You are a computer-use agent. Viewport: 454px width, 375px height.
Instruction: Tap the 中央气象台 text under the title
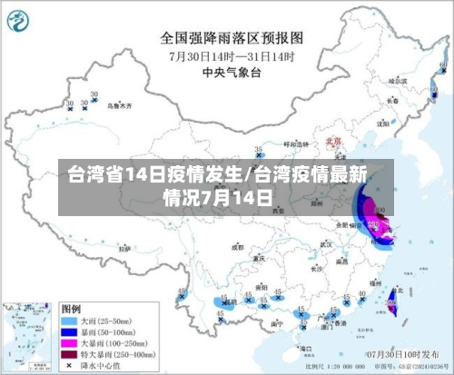coord(232,71)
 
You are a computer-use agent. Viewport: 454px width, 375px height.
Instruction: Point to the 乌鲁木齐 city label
coord(117,105)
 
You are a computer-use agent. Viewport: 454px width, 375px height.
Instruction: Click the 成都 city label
coord(238,245)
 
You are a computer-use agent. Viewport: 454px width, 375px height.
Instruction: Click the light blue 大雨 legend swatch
coord(68,321)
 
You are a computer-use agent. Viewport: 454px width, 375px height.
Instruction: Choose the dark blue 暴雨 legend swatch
coord(68,333)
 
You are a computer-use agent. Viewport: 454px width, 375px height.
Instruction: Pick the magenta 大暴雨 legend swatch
coord(68,345)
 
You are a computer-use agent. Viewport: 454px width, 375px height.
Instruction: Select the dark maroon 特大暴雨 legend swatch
coord(68,357)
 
